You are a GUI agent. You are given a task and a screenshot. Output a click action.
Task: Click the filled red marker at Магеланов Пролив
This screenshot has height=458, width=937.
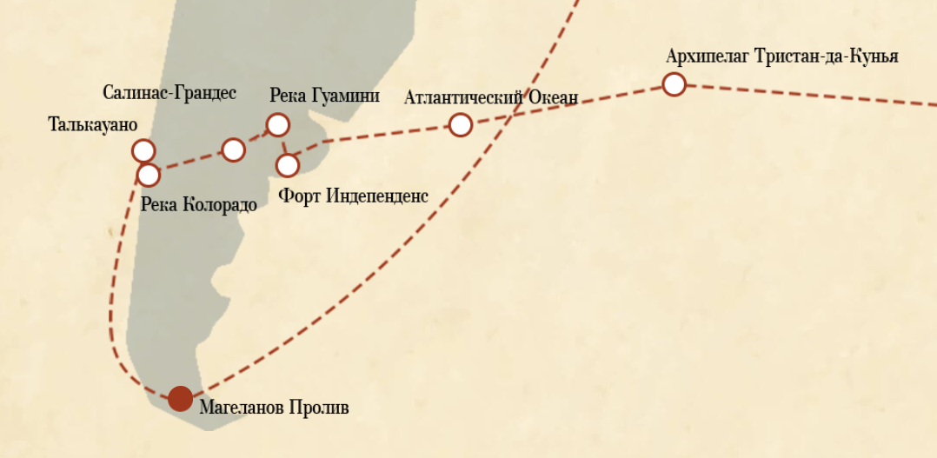coord(180,398)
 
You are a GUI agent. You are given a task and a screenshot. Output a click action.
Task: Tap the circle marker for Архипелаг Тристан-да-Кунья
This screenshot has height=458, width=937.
coord(674,84)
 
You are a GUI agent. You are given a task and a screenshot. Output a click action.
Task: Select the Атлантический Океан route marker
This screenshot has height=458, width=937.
coord(460,125)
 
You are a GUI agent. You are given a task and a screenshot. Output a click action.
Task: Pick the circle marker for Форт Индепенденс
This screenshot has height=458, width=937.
coord(287,164)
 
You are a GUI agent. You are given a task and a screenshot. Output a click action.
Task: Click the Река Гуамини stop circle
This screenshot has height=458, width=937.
coord(277,125)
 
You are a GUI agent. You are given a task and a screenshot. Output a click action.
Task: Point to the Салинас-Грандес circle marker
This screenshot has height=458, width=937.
coord(233,149)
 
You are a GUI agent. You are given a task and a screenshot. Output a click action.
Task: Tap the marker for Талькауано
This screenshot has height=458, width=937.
coord(143,150)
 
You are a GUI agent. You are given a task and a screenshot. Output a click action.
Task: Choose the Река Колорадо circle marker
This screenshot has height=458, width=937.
coord(149,175)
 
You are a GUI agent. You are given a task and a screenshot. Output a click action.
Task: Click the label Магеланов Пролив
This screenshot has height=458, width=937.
coord(274,406)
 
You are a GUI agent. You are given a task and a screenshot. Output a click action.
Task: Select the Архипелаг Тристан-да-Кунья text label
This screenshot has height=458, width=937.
coord(781,56)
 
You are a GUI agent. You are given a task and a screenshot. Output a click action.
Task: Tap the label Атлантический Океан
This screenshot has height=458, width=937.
coord(490,97)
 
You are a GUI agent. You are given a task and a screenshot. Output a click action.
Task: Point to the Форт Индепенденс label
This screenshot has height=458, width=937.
coord(353,196)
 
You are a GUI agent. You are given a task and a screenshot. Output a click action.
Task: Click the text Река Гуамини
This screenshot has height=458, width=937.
coord(324,96)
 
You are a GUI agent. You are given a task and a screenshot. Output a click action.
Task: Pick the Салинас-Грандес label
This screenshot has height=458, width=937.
coord(169,92)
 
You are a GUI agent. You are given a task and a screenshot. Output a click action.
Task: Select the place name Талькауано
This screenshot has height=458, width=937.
coord(93,124)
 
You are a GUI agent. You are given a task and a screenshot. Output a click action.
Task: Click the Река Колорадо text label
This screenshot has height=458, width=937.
coord(198,205)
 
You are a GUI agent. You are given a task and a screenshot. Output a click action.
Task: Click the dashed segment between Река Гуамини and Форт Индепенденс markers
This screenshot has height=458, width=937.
coord(282,145)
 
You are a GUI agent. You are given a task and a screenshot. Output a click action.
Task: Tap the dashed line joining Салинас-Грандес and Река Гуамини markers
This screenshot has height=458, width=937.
coord(256,137)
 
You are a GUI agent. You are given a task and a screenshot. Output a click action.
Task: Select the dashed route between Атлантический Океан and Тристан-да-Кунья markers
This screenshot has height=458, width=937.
coord(565,105)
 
